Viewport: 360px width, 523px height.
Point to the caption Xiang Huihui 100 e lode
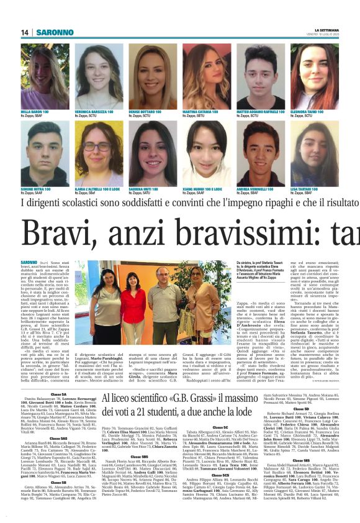pos(202,189)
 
